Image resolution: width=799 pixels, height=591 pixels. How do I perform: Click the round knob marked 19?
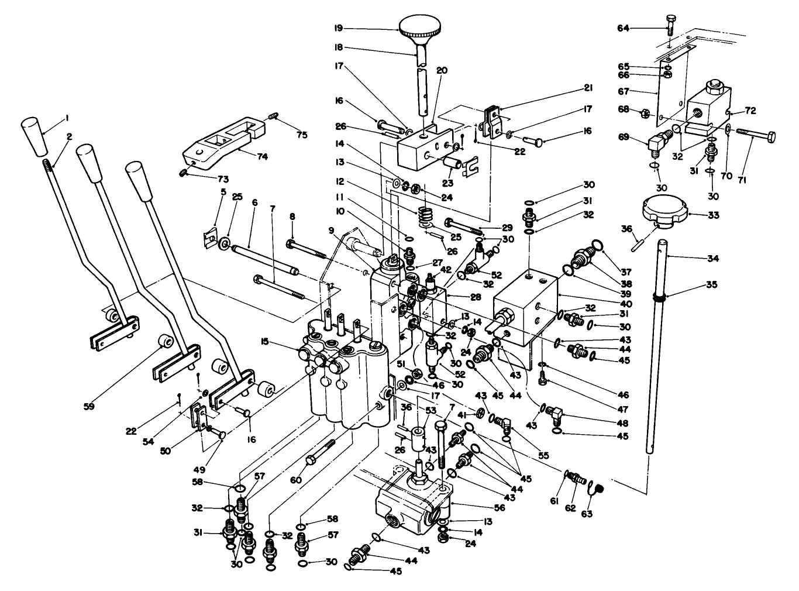421,26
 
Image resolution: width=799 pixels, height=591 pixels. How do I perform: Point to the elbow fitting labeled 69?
657,140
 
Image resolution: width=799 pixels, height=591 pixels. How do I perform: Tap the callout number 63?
587,514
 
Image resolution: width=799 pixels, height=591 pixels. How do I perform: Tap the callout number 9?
331,230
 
